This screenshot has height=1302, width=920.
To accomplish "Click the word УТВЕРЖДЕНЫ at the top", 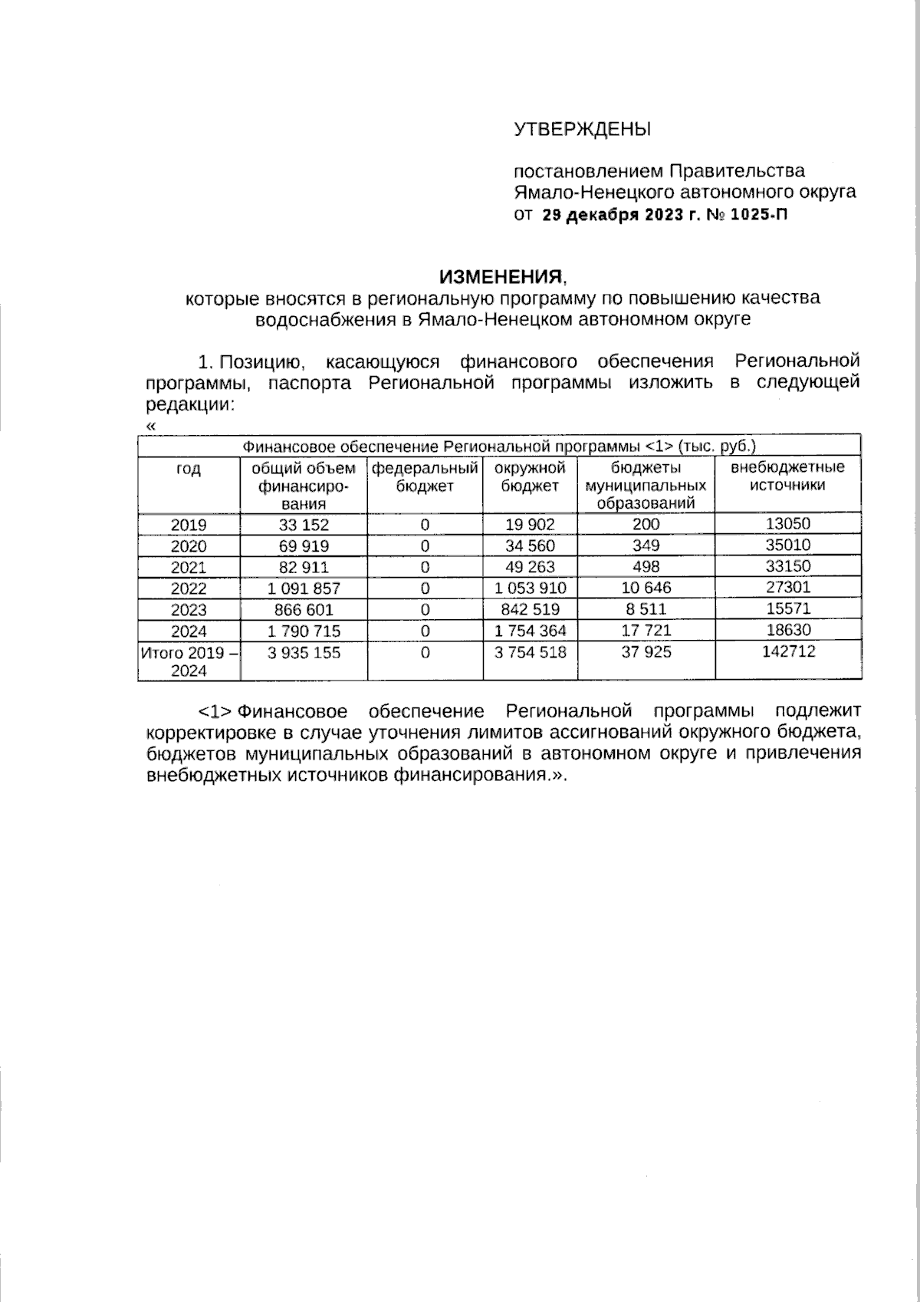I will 582,129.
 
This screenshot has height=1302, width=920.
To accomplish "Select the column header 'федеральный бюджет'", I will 425,476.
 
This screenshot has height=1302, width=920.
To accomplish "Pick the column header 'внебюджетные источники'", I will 787,476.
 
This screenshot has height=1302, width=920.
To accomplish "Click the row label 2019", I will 189,525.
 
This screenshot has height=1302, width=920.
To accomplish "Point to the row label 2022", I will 189,588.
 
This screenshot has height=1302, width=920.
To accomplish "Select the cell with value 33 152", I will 304,525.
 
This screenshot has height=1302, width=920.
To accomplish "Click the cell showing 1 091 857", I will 304,588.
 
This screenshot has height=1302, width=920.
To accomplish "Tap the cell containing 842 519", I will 530,609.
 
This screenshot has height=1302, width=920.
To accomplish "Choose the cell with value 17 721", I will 646,631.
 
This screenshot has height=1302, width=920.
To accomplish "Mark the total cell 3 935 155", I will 304,652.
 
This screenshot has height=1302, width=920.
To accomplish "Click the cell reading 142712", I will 787,651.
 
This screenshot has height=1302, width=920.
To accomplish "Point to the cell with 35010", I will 787,546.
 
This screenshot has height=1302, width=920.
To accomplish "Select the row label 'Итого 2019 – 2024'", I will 189,661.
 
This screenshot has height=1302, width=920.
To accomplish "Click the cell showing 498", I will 646,567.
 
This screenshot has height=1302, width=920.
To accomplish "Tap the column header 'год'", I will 189,470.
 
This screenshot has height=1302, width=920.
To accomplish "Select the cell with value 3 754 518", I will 530,652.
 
